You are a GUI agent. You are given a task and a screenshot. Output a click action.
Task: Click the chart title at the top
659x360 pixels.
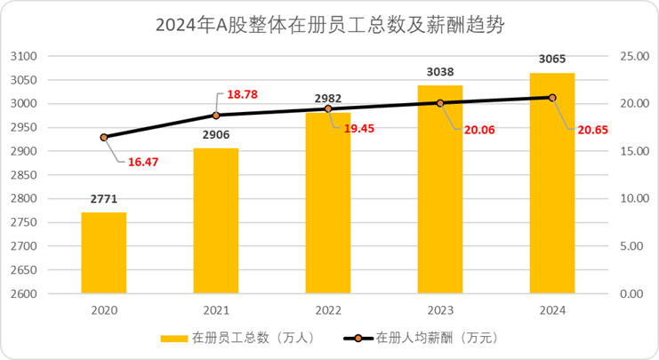(x=330, y=24)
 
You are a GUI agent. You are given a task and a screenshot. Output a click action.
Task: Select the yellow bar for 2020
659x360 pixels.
(x=104, y=253)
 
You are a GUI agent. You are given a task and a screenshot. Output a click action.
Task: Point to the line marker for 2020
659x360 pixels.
(x=104, y=137)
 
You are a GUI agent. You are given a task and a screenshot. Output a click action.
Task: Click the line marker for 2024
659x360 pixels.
(x=552, y=98)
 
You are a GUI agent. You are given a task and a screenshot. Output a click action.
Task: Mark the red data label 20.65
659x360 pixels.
(x=586, y=129)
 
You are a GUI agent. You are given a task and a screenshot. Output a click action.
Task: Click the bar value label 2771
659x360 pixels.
(x=104, y=199)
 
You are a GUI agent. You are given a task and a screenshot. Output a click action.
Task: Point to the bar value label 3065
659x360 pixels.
(x=552, y=60)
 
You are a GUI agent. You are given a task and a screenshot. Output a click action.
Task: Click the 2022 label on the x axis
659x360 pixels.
(x=328, y=310)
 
